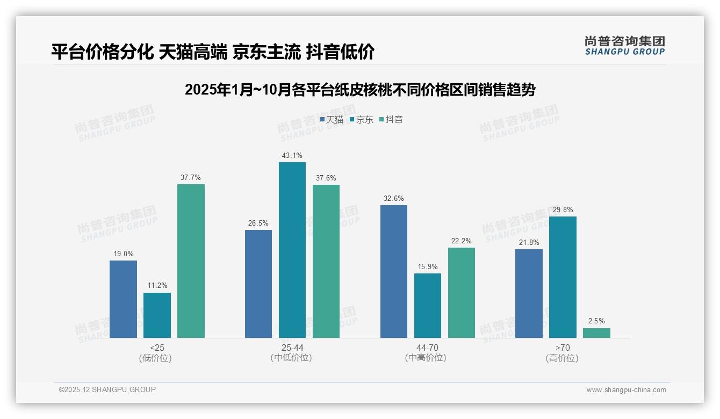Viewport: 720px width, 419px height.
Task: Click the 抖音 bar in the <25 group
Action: coord(191,261)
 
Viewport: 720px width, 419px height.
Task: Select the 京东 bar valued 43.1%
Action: coord(292,250)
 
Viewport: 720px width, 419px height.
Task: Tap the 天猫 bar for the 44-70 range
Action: coord(394,271)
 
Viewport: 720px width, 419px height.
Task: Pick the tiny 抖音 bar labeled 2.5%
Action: coord(596,333)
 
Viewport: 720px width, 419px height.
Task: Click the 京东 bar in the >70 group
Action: coord(563,277)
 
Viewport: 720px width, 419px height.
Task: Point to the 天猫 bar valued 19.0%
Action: coord(123,299)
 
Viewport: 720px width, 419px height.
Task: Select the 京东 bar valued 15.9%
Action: coord(428,306)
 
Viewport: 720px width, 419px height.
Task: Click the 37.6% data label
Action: coord(326,178)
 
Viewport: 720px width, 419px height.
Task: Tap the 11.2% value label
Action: coord(157,286)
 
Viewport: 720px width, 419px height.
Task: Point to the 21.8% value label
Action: coord(529,243)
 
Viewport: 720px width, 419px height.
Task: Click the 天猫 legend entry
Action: coord(332,119)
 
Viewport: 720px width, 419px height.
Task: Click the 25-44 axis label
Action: coord(292,348)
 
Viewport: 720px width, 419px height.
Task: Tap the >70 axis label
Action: coord(563,348)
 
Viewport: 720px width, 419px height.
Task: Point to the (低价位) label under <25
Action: coord(155,358)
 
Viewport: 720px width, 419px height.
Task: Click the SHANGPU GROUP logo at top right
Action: coord(625,46)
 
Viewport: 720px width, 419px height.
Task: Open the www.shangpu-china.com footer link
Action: coord(626,390)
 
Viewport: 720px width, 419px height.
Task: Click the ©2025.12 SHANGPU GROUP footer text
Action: coord(107,389)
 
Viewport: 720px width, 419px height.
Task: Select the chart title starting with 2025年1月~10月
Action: coord(360,90)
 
